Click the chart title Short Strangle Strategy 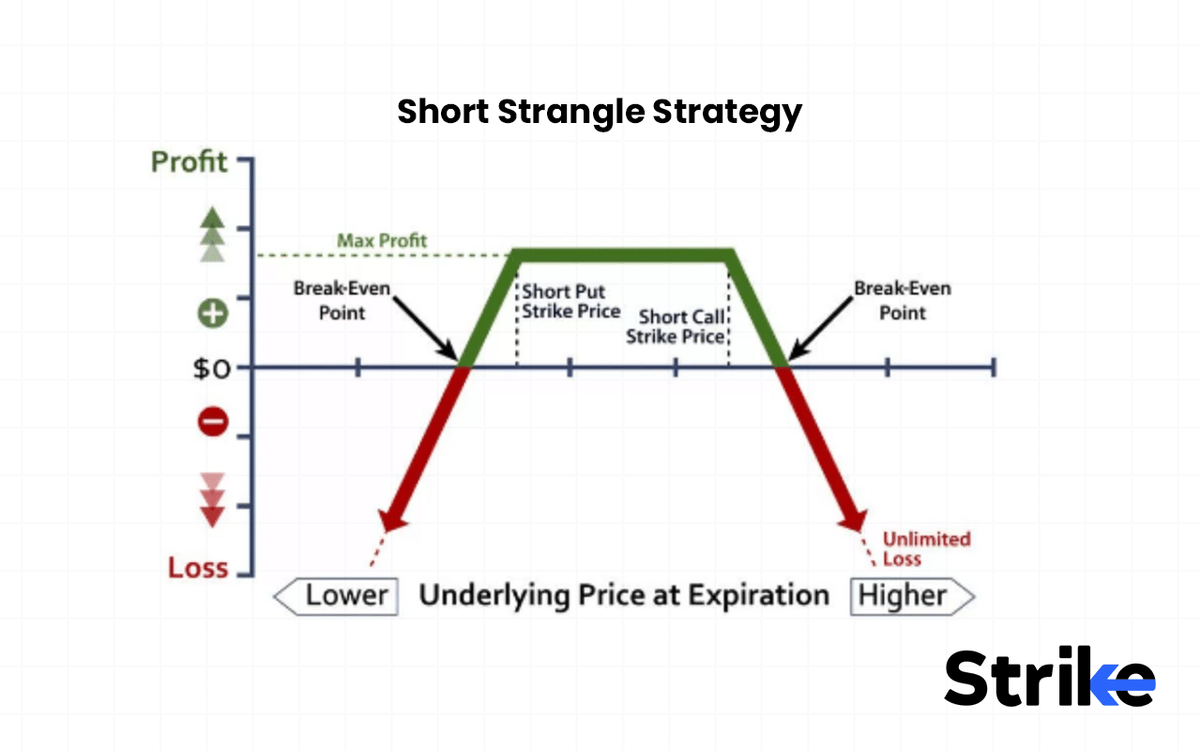(x=600, y=113)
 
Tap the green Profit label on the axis (x=190, y=161)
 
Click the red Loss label (x=198, y=567)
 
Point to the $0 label (x=211, y=368)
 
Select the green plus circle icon (x=213, y=313)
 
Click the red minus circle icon (x=213, y=422)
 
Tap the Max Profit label (x=382, y=241)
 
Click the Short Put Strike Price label (x=570, y=301)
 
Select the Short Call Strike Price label (x=676, y=327)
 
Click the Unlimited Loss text (x=926, y=548)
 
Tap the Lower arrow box (x=335, y=596)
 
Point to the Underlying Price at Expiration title (x=624, y=595)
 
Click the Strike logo (x=1049, y=677)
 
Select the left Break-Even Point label (x=341, y=300)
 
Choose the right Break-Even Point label (x=902, y=300)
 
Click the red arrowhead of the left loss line (x=391, y=520)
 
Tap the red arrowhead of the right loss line (x=853, y=520)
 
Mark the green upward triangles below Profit (x=213, y=234)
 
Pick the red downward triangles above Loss (x=213, y=499)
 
